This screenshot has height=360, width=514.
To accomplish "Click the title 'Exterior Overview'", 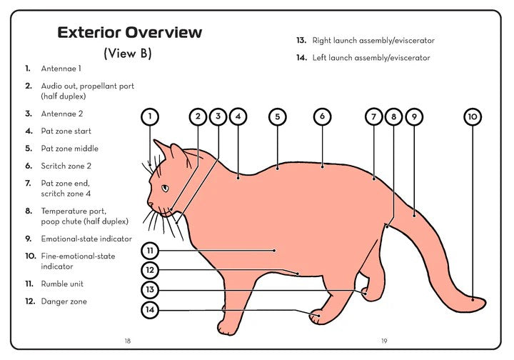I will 129,32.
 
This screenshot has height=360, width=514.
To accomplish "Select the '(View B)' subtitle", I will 128,54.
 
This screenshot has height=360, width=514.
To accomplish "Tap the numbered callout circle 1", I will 149,116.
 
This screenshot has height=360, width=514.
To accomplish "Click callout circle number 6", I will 322,116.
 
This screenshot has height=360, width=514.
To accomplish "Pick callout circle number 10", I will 473,116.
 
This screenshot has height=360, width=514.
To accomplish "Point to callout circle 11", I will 149,251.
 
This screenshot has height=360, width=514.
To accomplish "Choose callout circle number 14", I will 149,311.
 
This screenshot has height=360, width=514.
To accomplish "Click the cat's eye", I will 165,188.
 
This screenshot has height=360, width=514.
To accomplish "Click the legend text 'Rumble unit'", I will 62,284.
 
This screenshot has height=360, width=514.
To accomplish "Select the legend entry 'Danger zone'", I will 64,301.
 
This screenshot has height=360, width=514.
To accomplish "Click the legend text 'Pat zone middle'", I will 69,149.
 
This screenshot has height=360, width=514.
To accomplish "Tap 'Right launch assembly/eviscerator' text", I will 373,41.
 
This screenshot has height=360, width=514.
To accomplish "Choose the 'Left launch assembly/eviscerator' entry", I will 371,58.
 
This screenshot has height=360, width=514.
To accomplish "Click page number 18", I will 127,341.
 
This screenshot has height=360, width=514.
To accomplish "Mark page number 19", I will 383,341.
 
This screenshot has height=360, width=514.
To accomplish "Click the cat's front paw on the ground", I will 226,329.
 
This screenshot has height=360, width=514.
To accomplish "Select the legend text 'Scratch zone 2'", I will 66,166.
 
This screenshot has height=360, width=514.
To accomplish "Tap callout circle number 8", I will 393,116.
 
